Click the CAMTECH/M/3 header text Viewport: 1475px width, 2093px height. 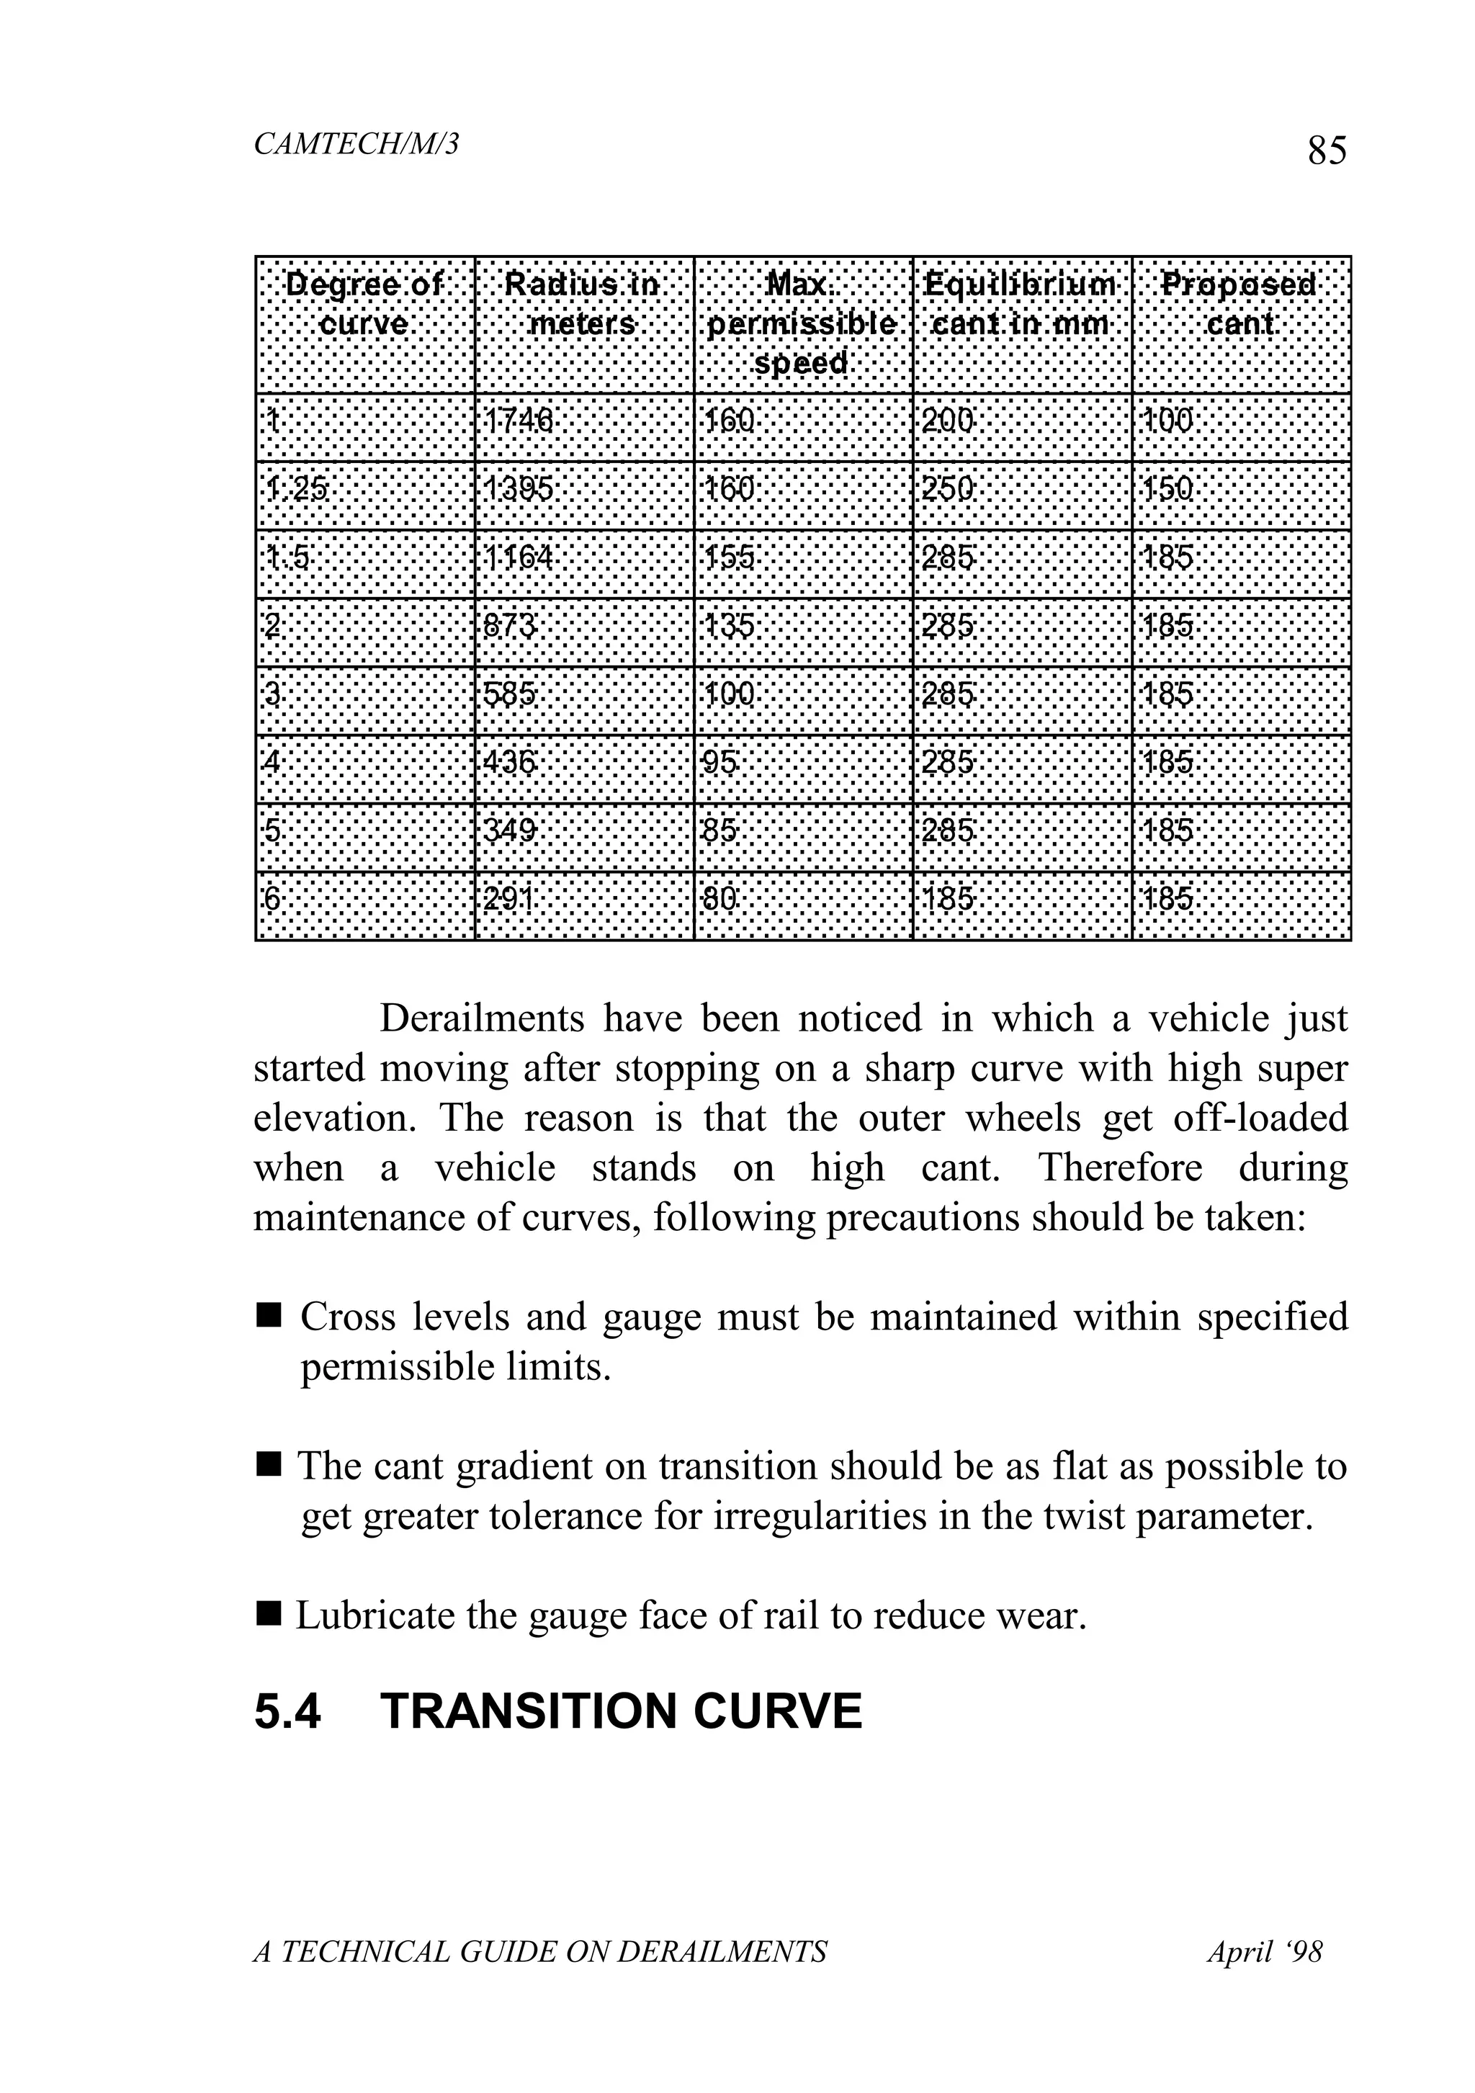pos(356,144)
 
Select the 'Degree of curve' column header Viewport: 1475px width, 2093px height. pos(364,305)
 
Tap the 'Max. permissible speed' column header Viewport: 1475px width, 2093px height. pos(802,323)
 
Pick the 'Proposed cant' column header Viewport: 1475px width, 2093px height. pos(1239,305)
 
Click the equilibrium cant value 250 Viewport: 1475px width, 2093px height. pos(947,490)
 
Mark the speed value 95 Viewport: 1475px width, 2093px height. pos(719,762)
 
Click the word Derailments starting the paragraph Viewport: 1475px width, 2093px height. pos(481,1019)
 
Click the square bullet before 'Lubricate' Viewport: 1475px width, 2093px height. pos(268,1615)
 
